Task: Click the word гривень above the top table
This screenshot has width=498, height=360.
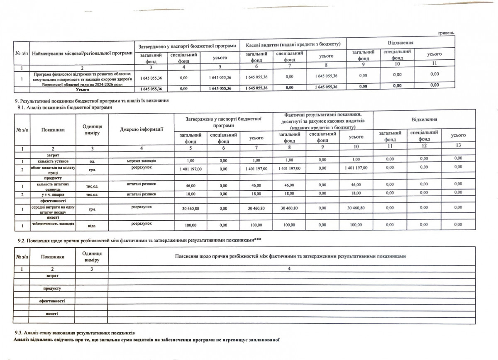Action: (x=447, y=33)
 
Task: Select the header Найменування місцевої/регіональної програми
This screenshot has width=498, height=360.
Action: (x=82, y=53)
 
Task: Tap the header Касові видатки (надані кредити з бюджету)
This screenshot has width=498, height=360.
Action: (x=293, y=44)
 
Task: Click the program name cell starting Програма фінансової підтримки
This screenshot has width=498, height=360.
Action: (x=83, y=78)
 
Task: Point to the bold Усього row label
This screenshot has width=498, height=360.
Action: (x=83, y=89)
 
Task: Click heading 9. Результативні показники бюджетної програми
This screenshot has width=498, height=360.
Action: (x=92, y=101)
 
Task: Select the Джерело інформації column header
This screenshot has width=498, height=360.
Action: (x=141, y=129)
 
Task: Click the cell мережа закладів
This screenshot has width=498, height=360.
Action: (x=142, y=160)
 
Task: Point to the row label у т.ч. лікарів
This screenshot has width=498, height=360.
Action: (x=53, y=194)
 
